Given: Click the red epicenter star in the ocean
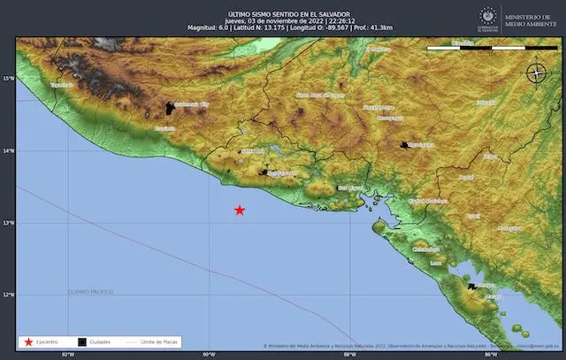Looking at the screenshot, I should [240, 210].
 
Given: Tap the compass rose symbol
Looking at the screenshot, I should [536, 73].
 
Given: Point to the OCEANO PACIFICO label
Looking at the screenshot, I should [90, 291].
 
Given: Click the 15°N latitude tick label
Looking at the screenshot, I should [8, 79].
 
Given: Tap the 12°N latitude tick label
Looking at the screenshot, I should [8, 295].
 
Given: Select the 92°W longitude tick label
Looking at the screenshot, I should [67, 354].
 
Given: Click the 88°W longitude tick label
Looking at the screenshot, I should [350, 354].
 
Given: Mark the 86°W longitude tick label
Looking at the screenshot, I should [493, 354].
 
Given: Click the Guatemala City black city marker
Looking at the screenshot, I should [170, 109].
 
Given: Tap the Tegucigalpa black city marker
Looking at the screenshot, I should [406, 144].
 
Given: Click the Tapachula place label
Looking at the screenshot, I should [61, 85].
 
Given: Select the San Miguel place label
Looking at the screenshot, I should [349, 188].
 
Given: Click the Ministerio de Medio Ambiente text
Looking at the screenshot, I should [531, 19].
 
